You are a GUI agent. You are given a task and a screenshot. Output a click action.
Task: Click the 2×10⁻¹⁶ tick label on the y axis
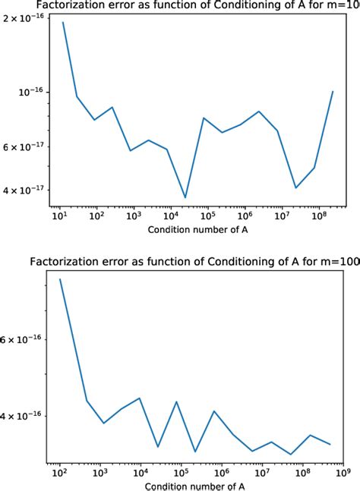point(27,17)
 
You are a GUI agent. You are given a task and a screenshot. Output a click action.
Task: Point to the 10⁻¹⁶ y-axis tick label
point(32,92)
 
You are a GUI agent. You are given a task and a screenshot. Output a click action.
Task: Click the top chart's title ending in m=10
point(204,7)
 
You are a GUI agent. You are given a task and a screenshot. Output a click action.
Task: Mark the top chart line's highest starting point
point(63,22)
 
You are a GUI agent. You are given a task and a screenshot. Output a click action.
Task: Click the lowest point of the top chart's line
point(185,197)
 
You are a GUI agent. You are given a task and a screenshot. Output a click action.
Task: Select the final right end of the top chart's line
point(333,92)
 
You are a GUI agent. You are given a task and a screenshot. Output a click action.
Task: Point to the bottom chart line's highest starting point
point(60,279)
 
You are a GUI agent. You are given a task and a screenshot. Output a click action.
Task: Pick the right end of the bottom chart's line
point(330,444)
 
